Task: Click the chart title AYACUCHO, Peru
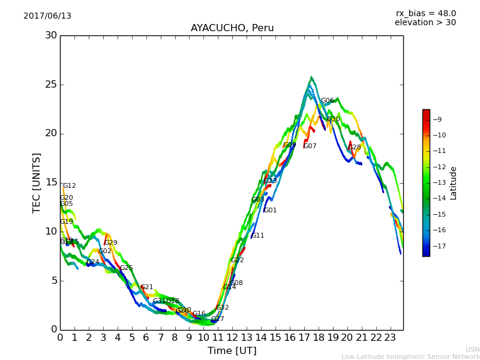point(232,28)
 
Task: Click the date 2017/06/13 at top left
point(47,16)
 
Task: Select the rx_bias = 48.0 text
point(425,13)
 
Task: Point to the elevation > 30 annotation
point(425,23)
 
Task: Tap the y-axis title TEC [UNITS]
point(37,182)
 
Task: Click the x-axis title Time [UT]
point(232,350)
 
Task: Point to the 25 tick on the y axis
point(51,85)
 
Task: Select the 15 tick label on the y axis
point(51,182)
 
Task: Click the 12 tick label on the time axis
point(232,337)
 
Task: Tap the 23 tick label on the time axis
point(390,337)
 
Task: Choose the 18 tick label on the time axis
point(319,337)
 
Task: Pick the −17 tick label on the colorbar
point(440,246)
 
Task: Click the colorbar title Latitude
point(454,182)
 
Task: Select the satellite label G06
point(327,101)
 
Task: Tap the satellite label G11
point(257,236)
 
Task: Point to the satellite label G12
point(69,186)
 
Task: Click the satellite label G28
point(355,148)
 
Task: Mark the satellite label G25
point(126,268)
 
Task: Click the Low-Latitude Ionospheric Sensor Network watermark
point(410,356)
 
